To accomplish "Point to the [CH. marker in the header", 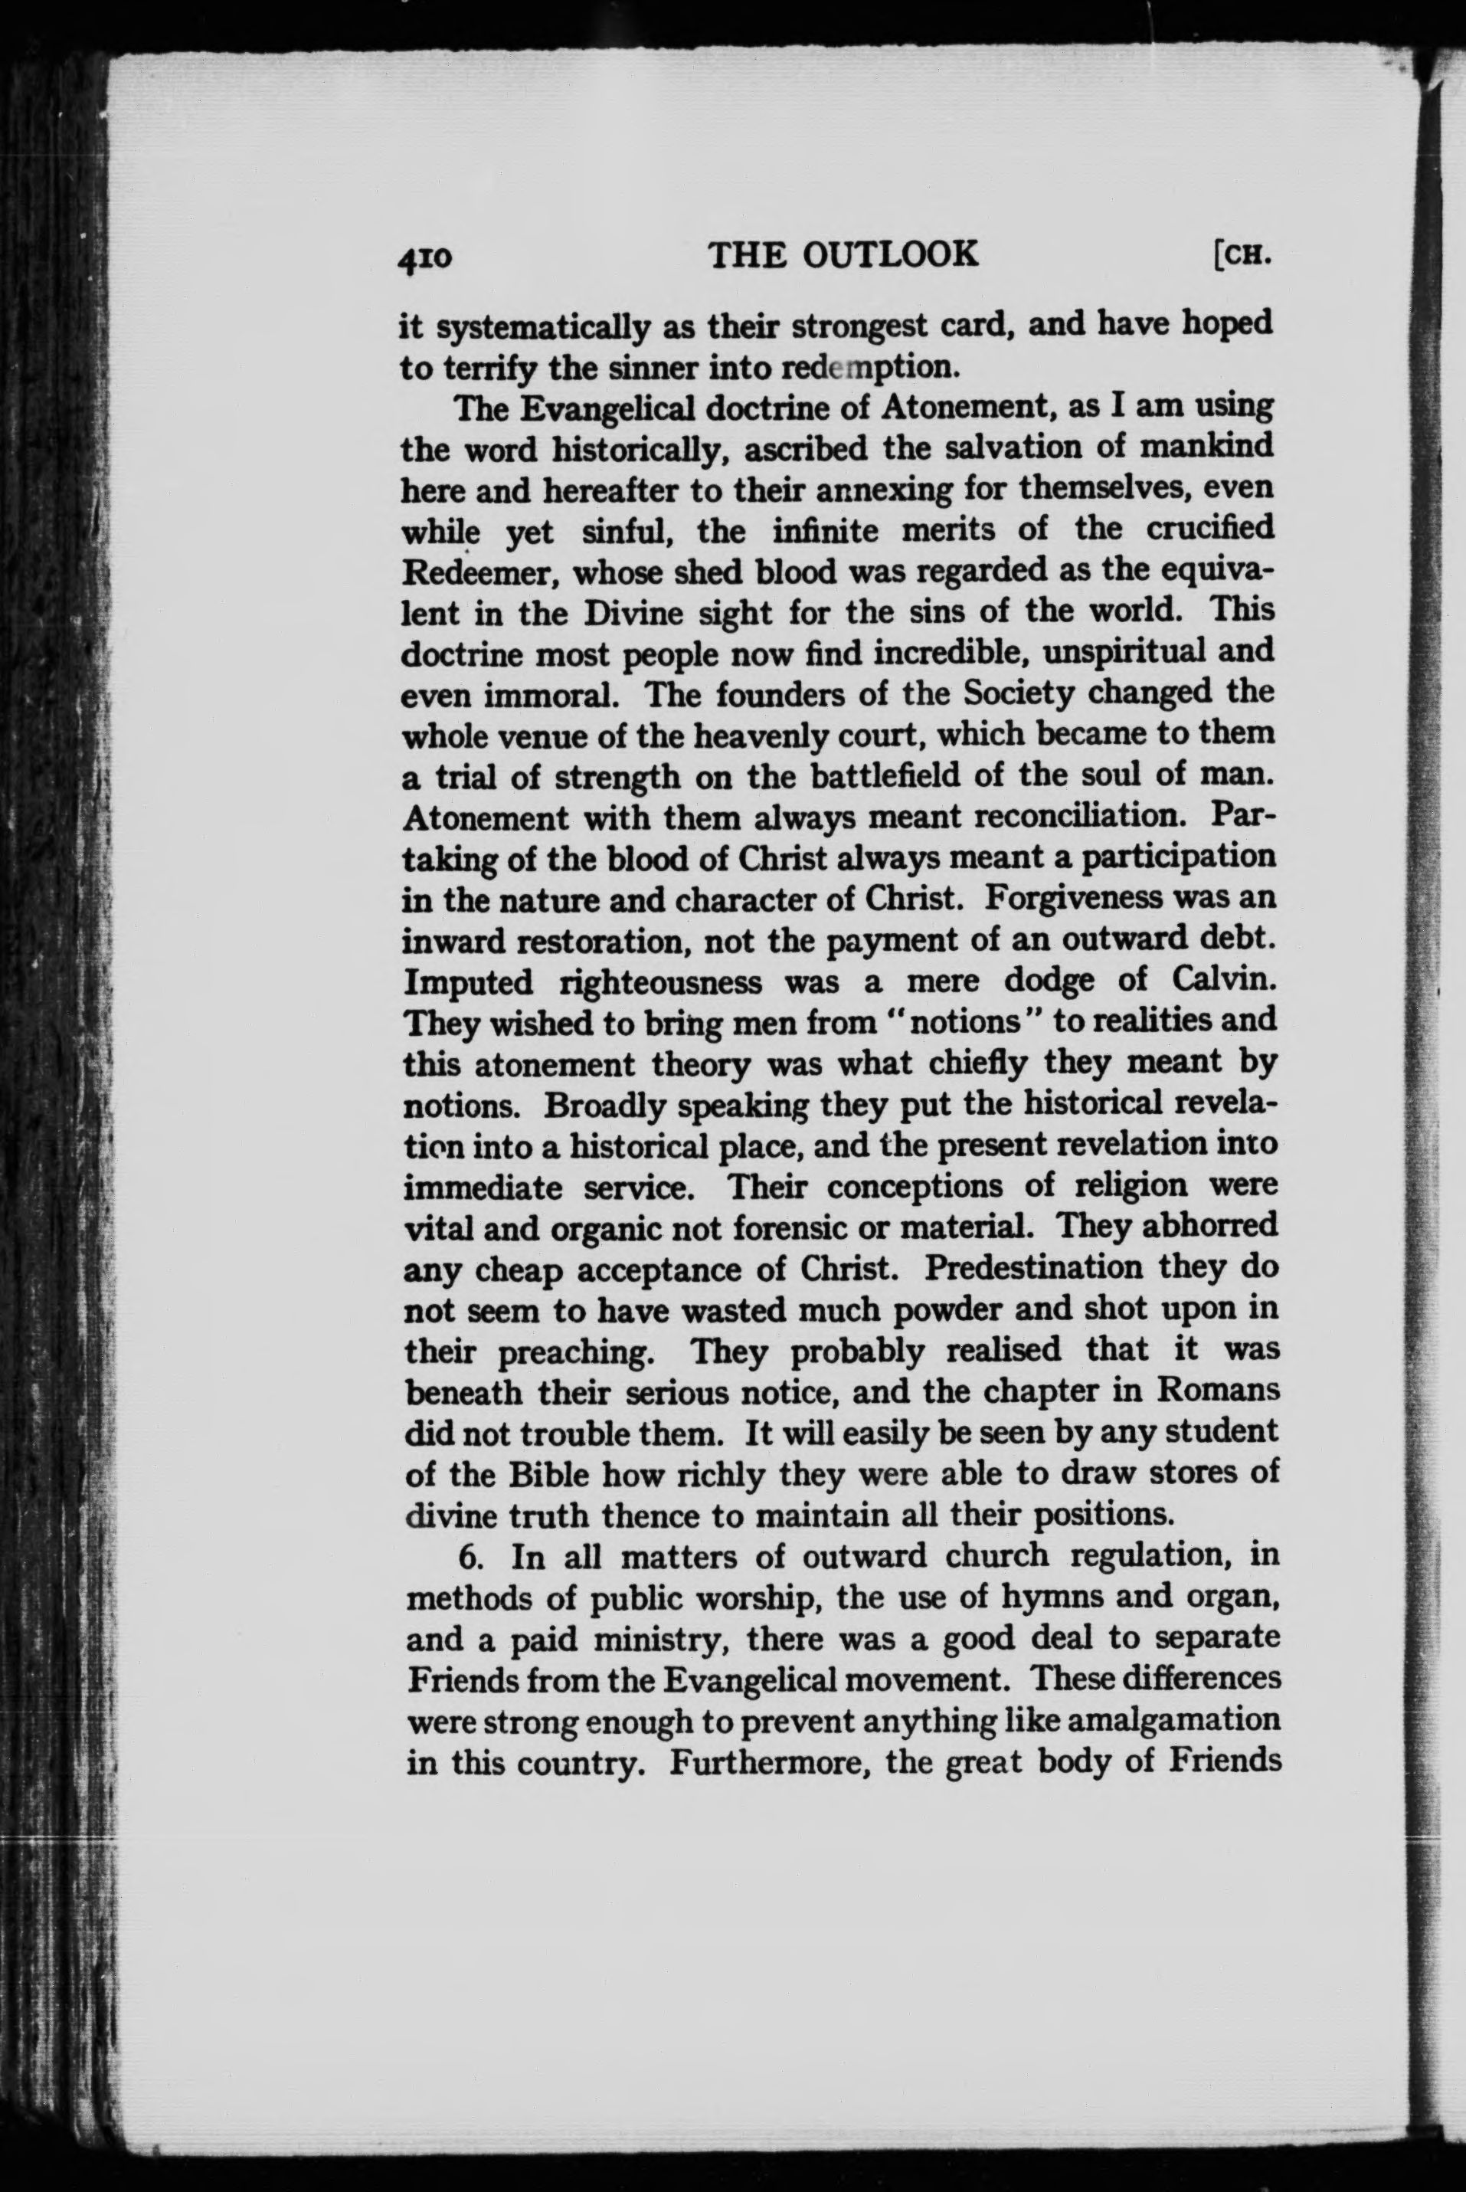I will [x=1241, y=254].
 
